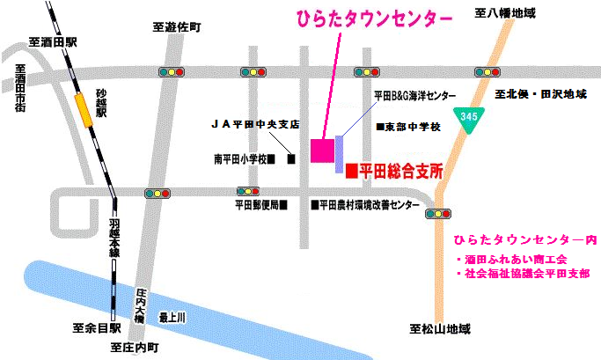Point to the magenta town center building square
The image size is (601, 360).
point(321,150)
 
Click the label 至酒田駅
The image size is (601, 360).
point(53,41)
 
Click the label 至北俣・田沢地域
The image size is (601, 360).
point(540,92)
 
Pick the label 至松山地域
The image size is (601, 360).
point(440,329)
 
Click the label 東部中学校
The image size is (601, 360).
point(409,127)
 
